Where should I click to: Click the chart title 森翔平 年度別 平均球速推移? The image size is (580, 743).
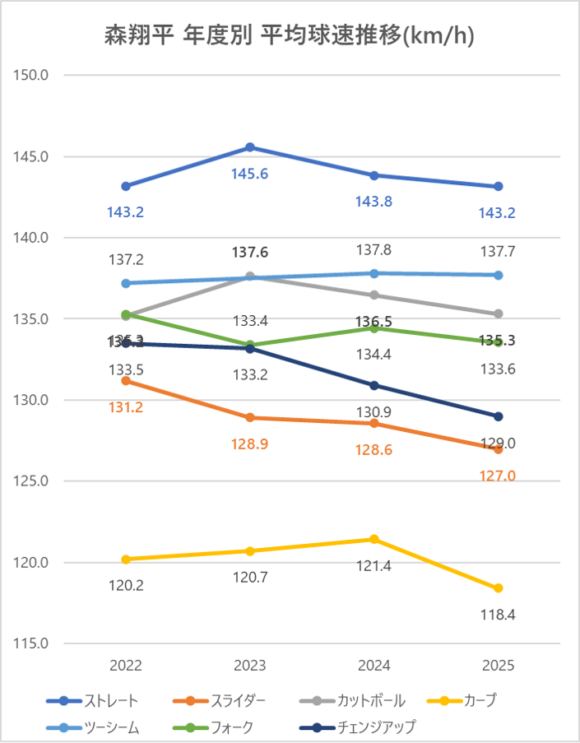click(290, 36)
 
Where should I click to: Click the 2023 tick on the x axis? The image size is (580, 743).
click(250, 665)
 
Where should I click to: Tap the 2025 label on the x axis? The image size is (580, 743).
click(498, 665)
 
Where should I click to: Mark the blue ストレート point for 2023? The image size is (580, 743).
click(250, 147)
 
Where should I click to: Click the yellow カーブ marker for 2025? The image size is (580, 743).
click(498, 588)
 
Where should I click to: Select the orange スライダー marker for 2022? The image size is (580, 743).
click(126, 381)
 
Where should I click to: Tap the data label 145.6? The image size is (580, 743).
click(250, 174)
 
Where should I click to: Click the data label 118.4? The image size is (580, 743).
click(498, 615)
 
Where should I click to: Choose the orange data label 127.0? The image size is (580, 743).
click(498, 476)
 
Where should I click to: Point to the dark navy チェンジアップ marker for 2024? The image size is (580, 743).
click(374, 385)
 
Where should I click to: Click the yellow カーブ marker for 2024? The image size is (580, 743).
click(374, 540)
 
